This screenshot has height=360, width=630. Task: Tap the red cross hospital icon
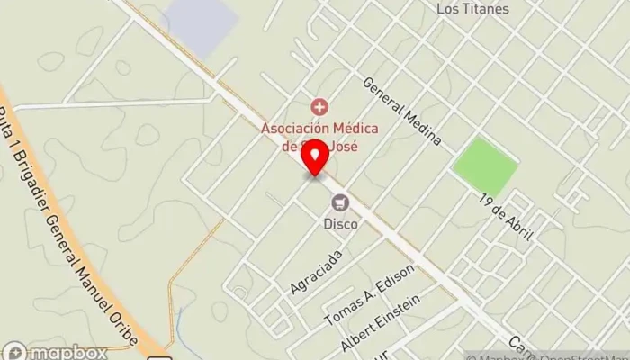pyautogui.click(x=316, y=108)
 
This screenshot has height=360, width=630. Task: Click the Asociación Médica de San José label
pyautogui.click(x=320, y=136)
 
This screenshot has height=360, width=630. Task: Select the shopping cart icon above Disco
pyautogui.click(x=340, y=202)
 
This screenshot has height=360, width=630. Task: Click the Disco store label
pyautogui.click(x=341, y=223)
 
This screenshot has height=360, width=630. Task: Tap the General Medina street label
pyautogui.click(x=401, y=111)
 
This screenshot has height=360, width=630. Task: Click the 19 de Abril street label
pyautogui.click(x=506, y=214)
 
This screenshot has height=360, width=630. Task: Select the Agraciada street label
pyautogui.click(x=316, y=271)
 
